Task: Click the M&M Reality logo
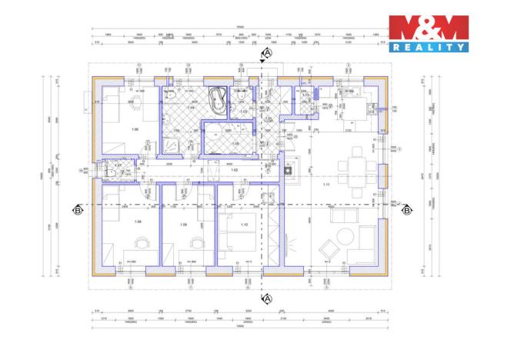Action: pos(428,33)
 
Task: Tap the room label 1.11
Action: pos(326,185)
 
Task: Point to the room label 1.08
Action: pos(139,222)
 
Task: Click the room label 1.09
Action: pos(183,224)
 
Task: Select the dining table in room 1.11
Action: pos(355,165)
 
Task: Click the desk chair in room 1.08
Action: pos(140,242)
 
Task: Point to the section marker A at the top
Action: pos(267,53)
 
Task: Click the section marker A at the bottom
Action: pos(267,297)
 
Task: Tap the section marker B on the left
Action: pos(78,208)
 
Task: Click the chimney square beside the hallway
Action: pos(292,172)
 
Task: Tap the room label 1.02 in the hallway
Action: pos(235,169)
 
